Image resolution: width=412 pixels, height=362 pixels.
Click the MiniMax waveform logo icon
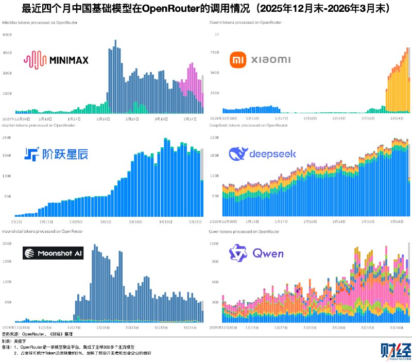[x=35, y=60]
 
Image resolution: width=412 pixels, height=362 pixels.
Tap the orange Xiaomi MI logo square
[x=236, y=60]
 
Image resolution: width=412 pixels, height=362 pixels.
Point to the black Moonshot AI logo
[x=53, y=253]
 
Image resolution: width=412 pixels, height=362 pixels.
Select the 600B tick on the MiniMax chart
[x=8, y=35]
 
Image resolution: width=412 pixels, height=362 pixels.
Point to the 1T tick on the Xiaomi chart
[x=216, y=35]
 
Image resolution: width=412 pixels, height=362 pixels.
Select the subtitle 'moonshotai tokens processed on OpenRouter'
[x=39, y=232]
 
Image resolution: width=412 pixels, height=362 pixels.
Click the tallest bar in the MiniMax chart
[x=115, y=76]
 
